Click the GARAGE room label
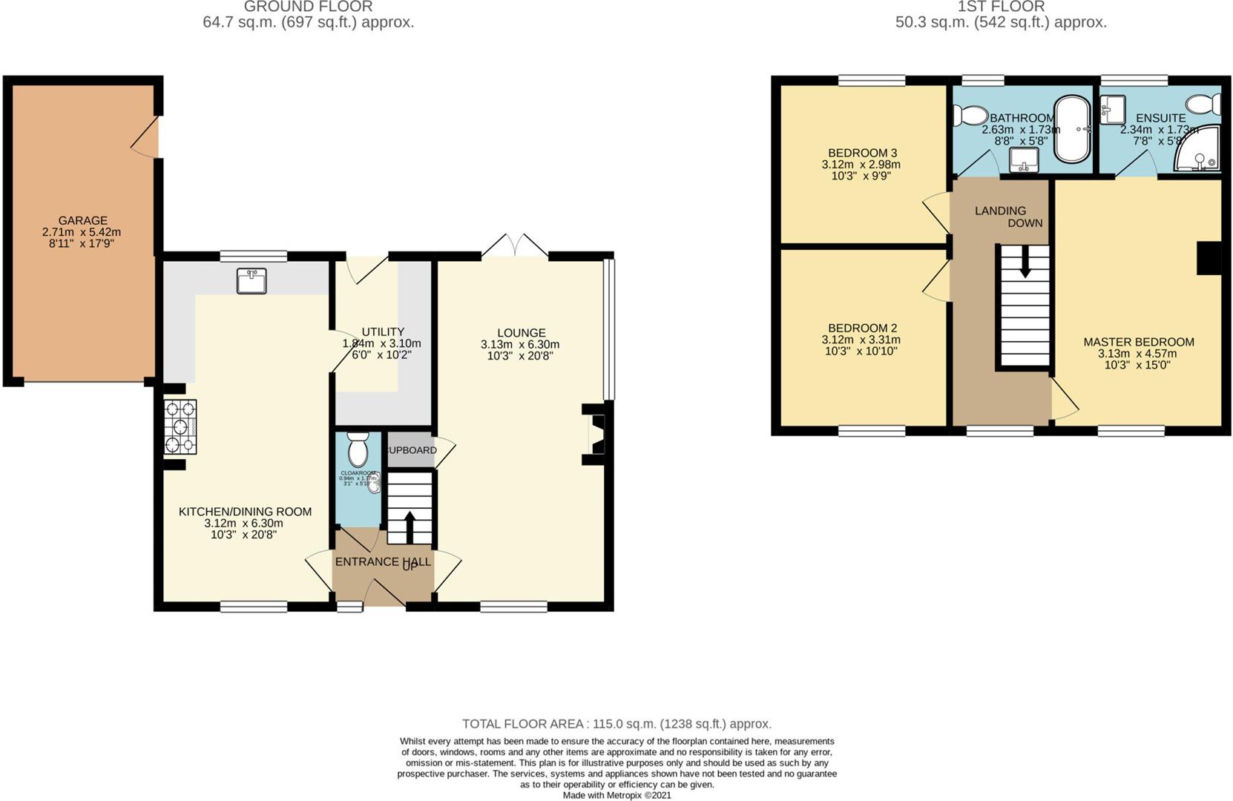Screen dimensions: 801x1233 [x=82, y=220]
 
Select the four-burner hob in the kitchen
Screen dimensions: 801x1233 [x=180, y=426]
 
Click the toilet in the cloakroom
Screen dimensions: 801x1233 [x=358, y=448]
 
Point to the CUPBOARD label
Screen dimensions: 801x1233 [x=410, y=450]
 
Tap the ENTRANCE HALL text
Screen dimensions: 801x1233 [x=382, y=561]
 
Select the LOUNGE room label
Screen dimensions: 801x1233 [x=521, y=333]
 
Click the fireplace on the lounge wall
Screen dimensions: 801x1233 [x=596, y=434]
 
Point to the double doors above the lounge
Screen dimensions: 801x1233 [x=515, y=246]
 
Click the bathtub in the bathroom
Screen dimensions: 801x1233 [x=1073, y=129]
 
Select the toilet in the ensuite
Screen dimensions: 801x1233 [x=1205, y=105]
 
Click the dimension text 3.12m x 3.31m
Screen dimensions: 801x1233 [x=861, y=340]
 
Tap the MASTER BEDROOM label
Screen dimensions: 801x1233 [x=1138, y=342]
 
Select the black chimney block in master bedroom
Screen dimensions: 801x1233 [x=1209, y=258]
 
